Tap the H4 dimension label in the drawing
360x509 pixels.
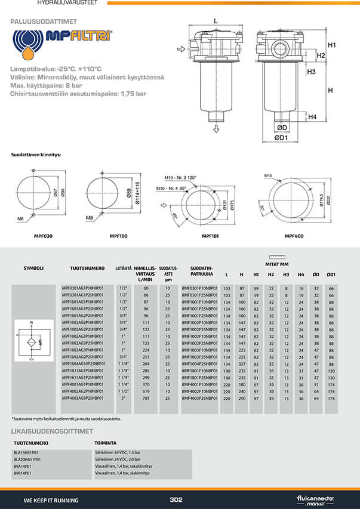click(312, 117)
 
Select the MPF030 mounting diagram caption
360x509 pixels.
click(44, 236)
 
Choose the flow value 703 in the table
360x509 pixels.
click(146, 397)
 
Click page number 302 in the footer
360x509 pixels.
click(176, 500)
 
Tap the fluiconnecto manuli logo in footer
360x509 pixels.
click(315, 499)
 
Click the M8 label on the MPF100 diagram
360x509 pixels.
click(89, 218)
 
